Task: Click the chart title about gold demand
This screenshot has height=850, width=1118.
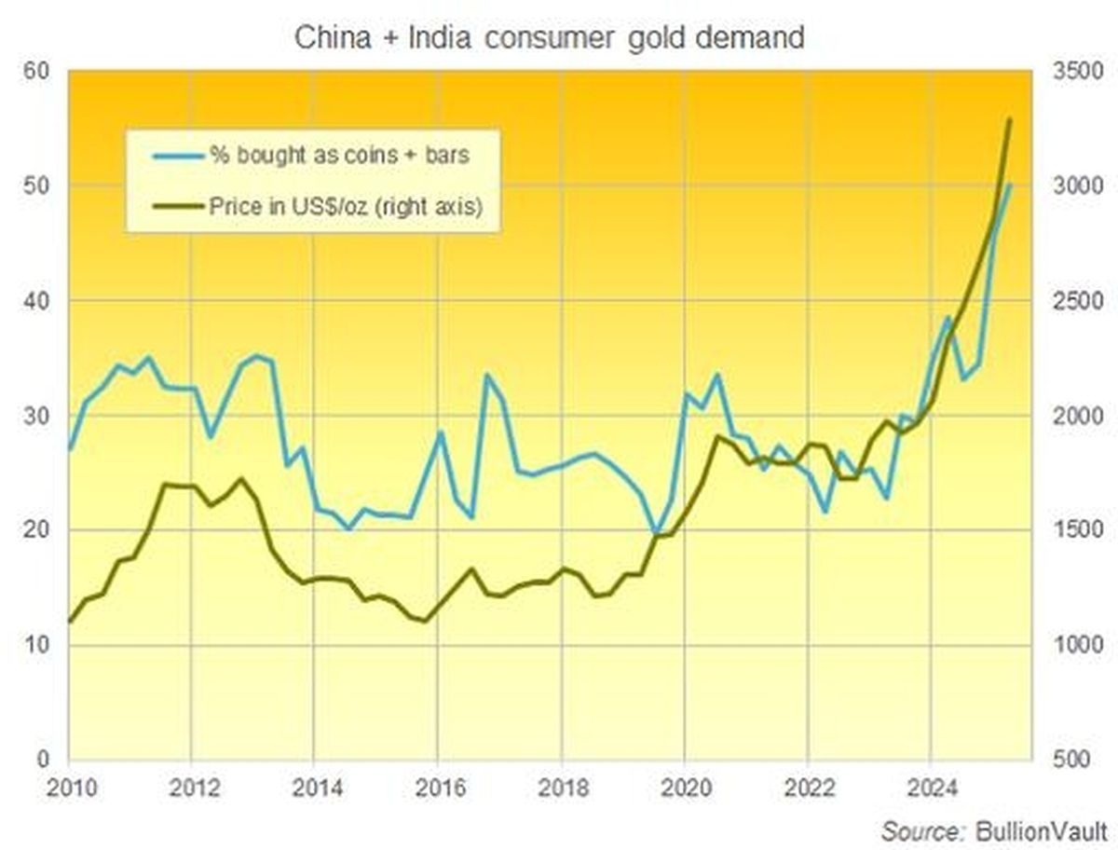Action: click(x=549, y=38)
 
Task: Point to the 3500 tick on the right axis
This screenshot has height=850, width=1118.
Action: click(x=1070, y=72)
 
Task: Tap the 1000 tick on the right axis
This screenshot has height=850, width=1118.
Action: click(x=1070, y=646)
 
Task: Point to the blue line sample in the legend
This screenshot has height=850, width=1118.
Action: click(x=170, y=155)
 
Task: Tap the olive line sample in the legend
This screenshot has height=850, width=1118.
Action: click(x=170, y=208)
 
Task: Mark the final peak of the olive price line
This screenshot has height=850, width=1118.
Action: click(x=1010, y=119)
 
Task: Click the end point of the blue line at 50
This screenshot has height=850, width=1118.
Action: click(x=1010, y=185)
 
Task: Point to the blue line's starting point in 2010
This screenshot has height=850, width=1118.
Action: click(x=70, y=449)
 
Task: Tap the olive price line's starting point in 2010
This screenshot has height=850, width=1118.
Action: click(x=70, y=621)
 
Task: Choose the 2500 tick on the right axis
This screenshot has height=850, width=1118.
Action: click(x=1070, y=301)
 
